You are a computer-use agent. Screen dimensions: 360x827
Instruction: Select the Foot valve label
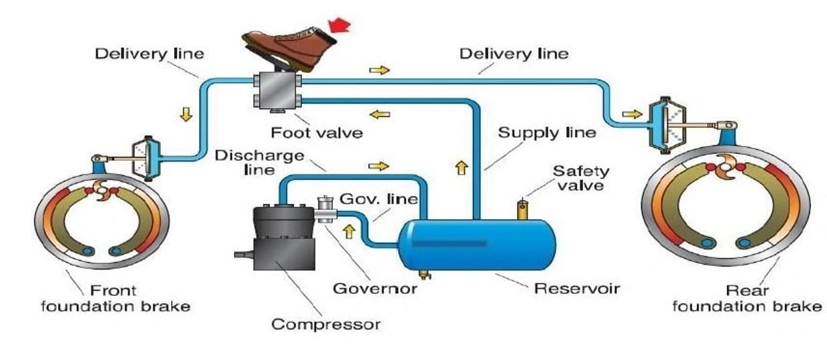(317, 133)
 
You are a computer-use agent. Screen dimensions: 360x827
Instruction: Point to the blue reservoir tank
(467, 243)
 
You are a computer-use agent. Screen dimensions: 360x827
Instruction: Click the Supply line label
(547, 133)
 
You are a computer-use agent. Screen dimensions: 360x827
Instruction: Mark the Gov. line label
(378, 199)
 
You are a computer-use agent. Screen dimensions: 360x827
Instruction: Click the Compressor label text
(326, 325)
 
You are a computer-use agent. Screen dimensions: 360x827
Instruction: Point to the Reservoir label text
(578, 289)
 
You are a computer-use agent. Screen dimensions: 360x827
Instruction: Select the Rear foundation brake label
(746, 299)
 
